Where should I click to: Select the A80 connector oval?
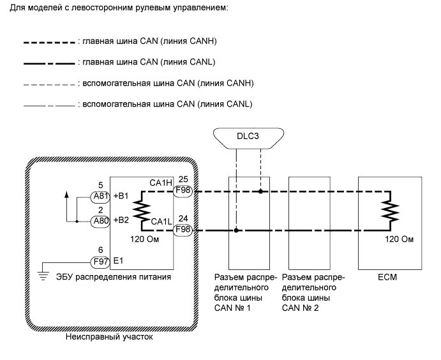coord(100,221)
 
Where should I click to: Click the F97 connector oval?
coord(100,260)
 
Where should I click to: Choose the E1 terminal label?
coord(119,260)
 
